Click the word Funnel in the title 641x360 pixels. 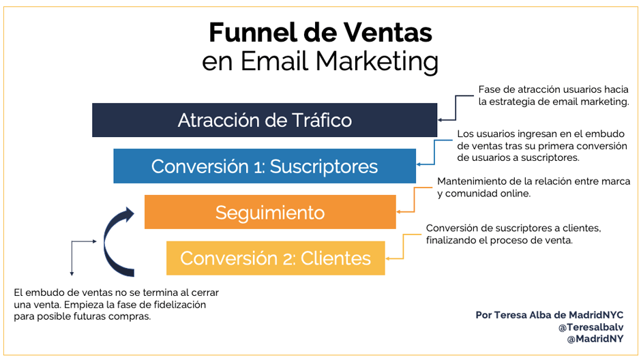pos(244,32)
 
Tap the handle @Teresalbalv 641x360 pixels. pos(591,327)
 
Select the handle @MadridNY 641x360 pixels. pos(595,339)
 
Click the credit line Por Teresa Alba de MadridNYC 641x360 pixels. pos(550,316)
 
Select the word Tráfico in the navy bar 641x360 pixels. pos(320,120)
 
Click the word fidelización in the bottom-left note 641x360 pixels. pos(178,305)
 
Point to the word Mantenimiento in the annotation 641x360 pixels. pos(473,181)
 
